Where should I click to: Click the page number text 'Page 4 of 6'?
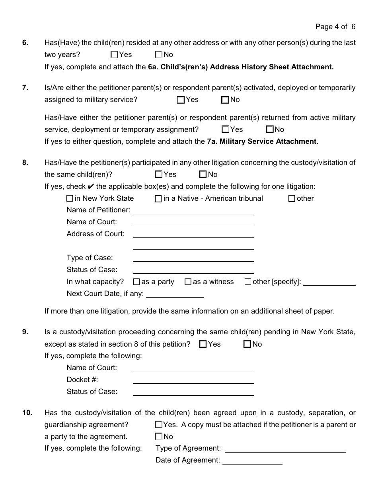335,27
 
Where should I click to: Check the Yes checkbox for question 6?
115,55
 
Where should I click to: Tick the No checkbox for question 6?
159,55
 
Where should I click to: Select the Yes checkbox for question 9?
203,344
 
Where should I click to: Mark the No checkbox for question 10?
159,437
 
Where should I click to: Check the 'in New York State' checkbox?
70,198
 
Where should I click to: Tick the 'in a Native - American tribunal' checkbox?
158,199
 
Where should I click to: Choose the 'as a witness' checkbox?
188,282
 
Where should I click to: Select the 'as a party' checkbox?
136,282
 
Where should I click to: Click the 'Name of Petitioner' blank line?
193,211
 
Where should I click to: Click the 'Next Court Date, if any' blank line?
175,295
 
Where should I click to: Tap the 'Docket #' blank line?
193,381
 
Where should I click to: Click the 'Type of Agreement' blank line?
285,449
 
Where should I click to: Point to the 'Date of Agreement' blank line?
252,461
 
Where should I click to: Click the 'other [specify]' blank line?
329,283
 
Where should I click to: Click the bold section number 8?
25,163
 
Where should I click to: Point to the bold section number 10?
27,413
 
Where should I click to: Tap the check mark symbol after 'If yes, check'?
91,186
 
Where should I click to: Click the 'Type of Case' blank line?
193,259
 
